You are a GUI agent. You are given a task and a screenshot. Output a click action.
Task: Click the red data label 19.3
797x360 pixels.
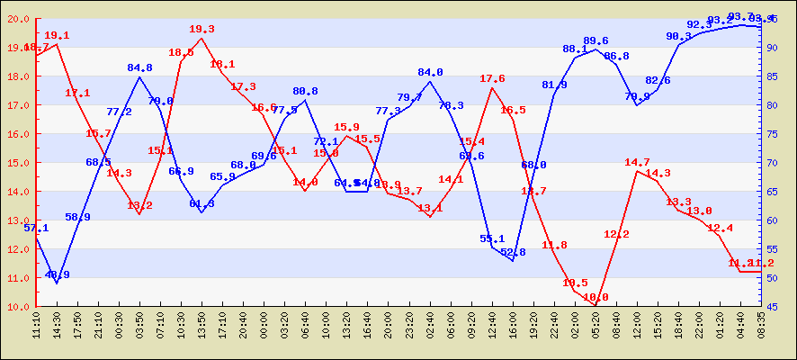coord(201,30)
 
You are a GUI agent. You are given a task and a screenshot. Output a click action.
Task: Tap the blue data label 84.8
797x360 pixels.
coord(139,67)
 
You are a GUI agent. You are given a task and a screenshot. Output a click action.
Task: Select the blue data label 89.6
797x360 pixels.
coord(596,41)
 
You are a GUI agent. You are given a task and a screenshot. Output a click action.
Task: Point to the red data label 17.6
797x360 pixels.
coord(492,79)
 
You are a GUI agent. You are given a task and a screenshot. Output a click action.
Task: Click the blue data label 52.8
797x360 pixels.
coord(513,253)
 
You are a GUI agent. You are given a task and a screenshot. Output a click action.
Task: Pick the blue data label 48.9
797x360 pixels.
coord(57,275)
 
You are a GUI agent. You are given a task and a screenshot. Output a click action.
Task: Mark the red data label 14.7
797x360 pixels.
coord(637,163)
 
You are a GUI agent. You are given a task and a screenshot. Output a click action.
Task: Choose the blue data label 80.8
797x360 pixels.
coord(305,92)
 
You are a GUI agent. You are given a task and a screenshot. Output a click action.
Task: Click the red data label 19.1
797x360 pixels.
coord(57,36)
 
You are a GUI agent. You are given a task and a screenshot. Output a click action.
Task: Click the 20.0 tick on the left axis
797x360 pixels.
coord(19,19)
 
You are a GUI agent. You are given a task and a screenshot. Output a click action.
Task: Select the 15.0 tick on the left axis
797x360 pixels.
coord(19,163)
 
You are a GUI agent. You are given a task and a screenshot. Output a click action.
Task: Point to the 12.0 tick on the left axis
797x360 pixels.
coord(19,249)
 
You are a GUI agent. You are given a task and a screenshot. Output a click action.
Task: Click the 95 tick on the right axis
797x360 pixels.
coord(776,19)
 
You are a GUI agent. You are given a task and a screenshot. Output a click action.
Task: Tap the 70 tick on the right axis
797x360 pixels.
coord(776,163)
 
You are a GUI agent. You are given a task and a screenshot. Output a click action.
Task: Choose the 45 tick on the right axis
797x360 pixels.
coord(776,307)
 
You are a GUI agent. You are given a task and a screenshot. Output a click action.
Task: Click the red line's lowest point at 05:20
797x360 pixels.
coord(596,306)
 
